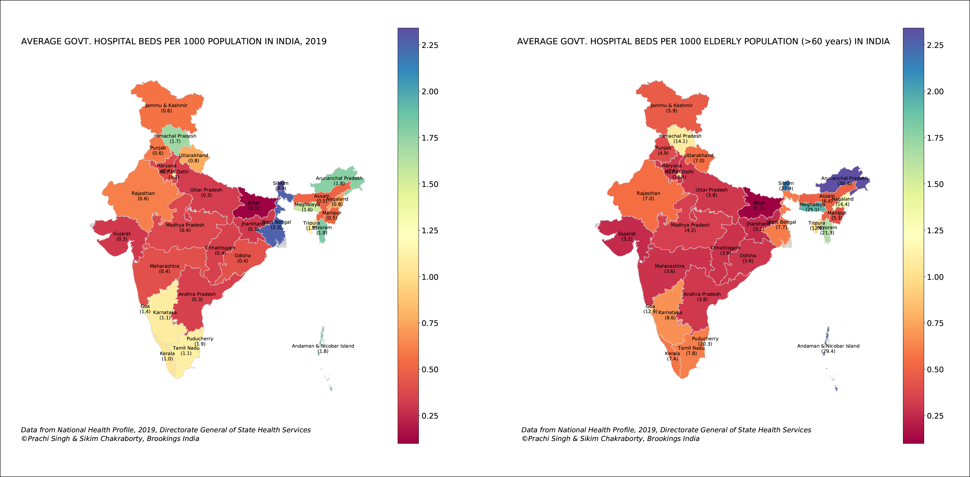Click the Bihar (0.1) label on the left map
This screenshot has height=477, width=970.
[x=253, y=205]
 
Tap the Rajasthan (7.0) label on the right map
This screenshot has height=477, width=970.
[x=648, y=196]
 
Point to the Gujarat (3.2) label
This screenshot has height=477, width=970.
[x=627, y=236]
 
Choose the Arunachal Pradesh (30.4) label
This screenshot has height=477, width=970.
[x=844, y=181]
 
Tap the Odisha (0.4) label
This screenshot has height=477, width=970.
[x=242, y=258]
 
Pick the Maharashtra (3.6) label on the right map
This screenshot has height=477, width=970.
[x=670, y=269]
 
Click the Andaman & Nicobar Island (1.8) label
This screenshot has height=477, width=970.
[x=323, y=349]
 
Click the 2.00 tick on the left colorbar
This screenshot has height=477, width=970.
[x=430, y=92]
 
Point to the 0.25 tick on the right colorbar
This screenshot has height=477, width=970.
[x=935, y=416]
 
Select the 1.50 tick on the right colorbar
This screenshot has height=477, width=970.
[x=935, y=184]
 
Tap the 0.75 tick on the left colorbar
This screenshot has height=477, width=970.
[x=430, y=323]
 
